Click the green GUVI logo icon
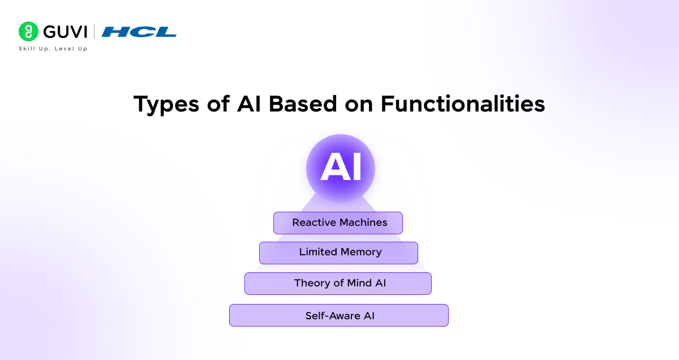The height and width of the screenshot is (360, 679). (28, 32)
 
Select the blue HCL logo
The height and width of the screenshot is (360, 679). (139, 32)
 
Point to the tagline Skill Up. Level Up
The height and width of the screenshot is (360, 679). (53, 49)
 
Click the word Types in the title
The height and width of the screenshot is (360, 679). (166, 104)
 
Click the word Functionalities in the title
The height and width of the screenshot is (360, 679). (462, 104)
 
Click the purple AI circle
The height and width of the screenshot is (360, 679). (340, 169)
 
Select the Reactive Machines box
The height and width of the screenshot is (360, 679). (338, 223)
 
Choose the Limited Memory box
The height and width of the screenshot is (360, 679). (338, 252)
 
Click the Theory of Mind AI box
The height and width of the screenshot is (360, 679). (338, 283)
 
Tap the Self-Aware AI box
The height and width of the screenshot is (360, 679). (338, 315)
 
